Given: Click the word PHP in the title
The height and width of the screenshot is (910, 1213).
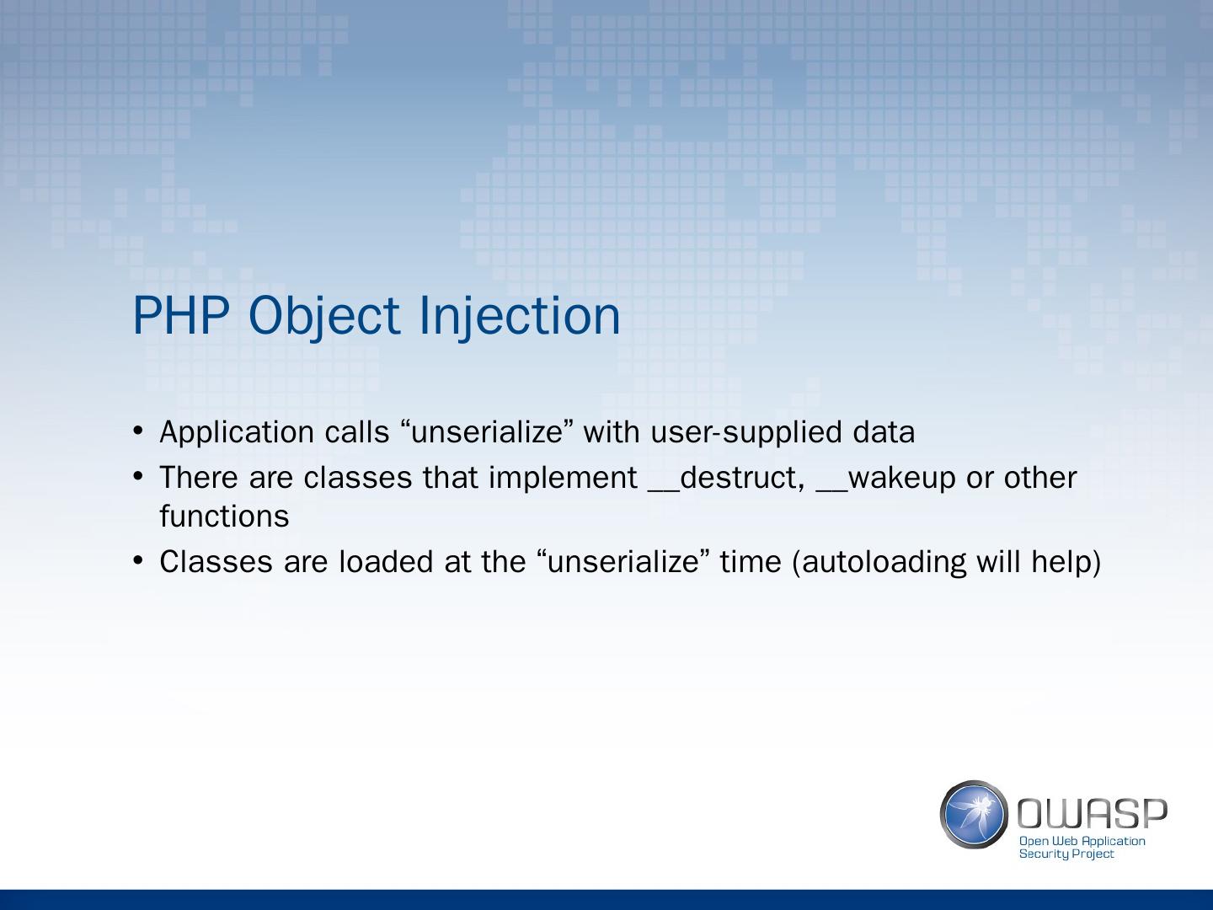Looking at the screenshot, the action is [x=181, y=315].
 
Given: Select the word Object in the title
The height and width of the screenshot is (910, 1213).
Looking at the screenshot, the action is [x=324, y=317].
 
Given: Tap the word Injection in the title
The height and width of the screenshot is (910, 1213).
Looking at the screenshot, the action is [x=520, y=317].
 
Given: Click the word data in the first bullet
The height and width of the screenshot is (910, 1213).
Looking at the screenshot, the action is [x=884, y=431].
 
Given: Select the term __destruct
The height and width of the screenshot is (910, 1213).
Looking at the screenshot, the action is [x=725, y=478].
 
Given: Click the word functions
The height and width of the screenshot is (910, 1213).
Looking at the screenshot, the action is [x=224, y=516].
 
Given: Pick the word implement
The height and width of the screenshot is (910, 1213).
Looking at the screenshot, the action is [x=564, y=479].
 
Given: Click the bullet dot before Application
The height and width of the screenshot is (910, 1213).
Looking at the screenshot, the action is [x=138, y=431].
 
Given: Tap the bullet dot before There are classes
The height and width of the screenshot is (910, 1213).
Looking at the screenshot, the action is [x=138, y=476].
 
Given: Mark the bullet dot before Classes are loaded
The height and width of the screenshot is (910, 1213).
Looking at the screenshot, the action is [x=138, y=560].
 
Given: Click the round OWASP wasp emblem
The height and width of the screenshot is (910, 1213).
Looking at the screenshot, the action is [x=974, y=815].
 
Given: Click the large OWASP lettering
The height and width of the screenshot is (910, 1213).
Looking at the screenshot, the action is [x=1092, y=814].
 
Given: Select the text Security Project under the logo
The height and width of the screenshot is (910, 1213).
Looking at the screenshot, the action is [x=1066, y=854].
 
